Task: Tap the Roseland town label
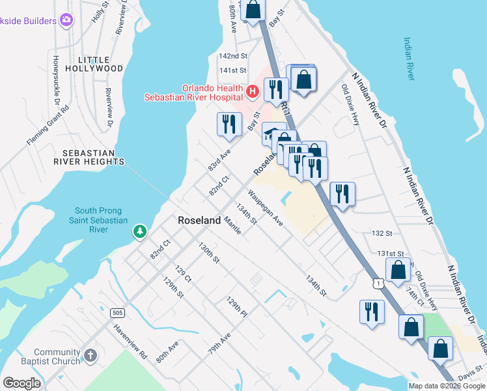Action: click(x=199, y=221)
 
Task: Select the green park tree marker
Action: click(x=139, y=231)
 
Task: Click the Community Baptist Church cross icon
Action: click(x=90, y=356)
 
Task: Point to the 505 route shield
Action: click(x=117, y=313)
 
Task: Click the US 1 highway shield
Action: click(x=378, y=282)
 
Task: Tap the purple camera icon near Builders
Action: click(x=66, y=20)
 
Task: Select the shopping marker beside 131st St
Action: click(x=398, y=269)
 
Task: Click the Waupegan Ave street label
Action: click(x=265, y=208)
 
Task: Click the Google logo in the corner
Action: click(x=22, y=383)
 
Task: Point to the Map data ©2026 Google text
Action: click(x=446, y=386)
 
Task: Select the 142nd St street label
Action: click(x=233, y=56)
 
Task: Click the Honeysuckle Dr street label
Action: click(x=57, y=83)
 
